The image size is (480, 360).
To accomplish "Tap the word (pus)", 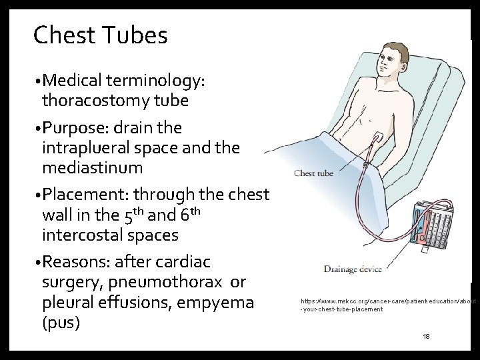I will point(60,324).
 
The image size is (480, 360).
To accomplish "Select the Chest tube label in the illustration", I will point(313,173).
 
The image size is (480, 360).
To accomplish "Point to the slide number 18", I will point(427,336).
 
